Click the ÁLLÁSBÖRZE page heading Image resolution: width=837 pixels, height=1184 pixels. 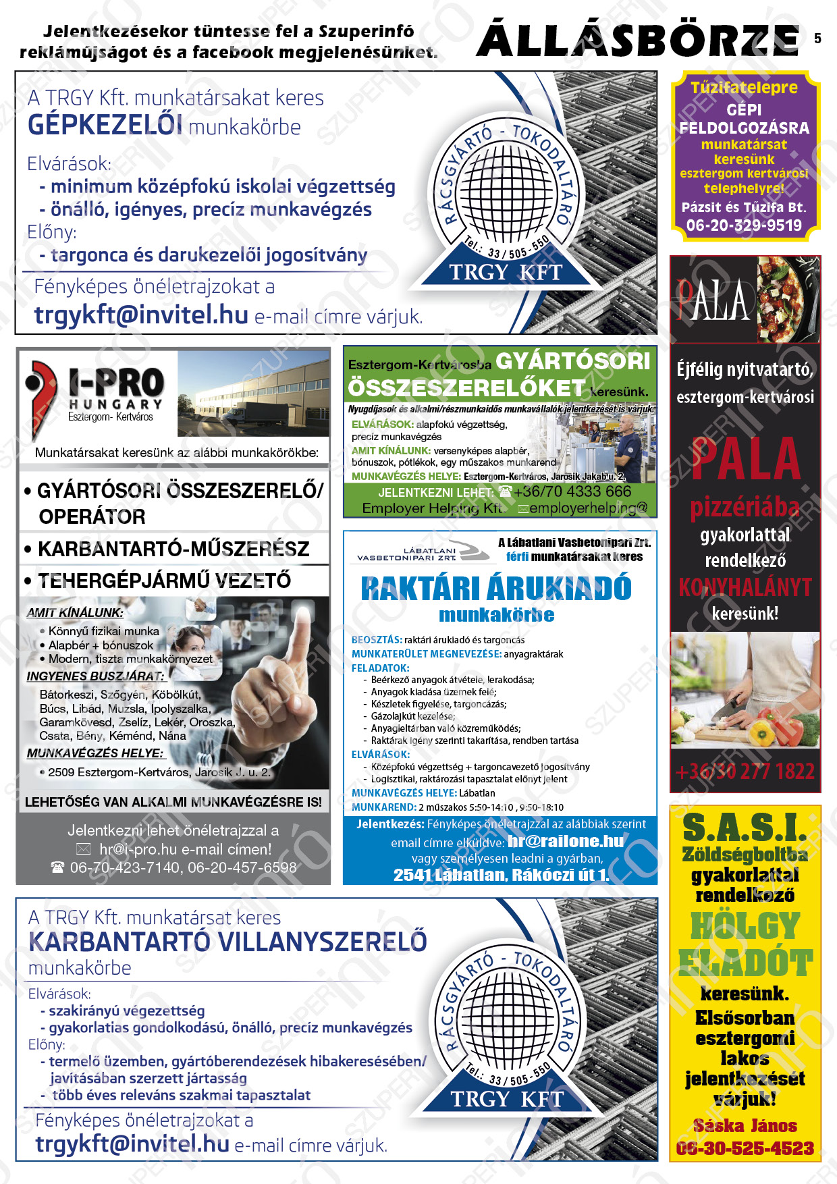click(x=637, y=41)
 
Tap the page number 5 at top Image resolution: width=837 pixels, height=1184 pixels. click(x=817, y=38)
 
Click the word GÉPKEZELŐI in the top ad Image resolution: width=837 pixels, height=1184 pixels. click(x=105, y=126)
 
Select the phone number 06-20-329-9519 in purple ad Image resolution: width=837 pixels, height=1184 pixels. click(x=744, y=225)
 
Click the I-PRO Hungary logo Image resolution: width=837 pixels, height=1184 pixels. click(x=94, y=392)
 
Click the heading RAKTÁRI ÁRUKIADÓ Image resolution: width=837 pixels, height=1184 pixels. click(x=496, y=589)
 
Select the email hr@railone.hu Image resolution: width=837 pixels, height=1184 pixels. click(x=566, y=841)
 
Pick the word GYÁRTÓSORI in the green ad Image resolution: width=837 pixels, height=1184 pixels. click(x=573, y=361)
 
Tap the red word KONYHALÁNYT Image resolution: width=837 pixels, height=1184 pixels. click(x=745, y=587)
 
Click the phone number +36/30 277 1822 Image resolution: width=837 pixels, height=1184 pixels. click(x=745, y=771)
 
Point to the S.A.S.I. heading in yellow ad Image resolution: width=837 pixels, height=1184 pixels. click(x=745, y=828)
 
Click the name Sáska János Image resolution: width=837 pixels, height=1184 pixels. click(x=745, y=1126)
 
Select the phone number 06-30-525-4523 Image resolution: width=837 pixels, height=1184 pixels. click(x=745, y=1148)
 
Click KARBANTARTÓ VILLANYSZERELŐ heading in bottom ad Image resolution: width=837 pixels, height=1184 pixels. click(x=227, y=942)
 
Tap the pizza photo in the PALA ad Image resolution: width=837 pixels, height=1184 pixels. click(x=788, y=299)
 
